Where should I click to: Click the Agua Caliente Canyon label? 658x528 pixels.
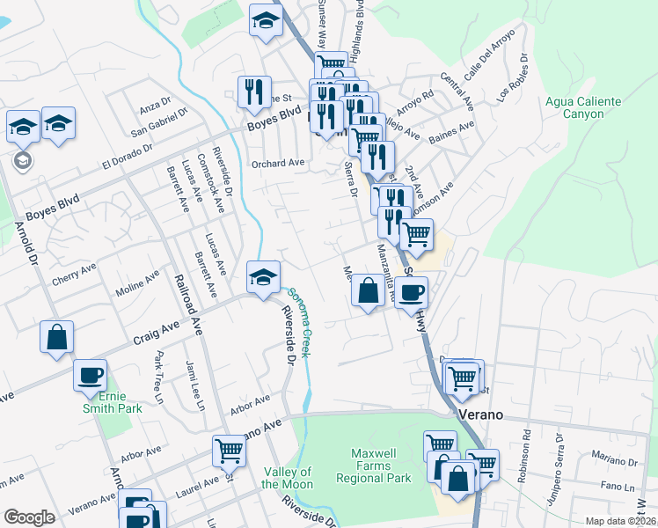tap(583, 107)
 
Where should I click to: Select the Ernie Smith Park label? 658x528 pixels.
tap(117, 401)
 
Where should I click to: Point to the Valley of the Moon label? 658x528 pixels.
tap(288, 478)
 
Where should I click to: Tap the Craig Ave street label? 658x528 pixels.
tap(157, 333)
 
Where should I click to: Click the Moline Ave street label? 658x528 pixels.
tap(138, 282)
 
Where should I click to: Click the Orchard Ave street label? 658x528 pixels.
tap(277, 163)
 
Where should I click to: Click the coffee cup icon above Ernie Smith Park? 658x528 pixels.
tap(90, 375)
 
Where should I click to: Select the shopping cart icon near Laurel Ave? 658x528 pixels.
tap(229, 451)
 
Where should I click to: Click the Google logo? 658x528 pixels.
tap(29, 517)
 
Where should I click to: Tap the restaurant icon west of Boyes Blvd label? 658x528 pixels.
tap(253, 91)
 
